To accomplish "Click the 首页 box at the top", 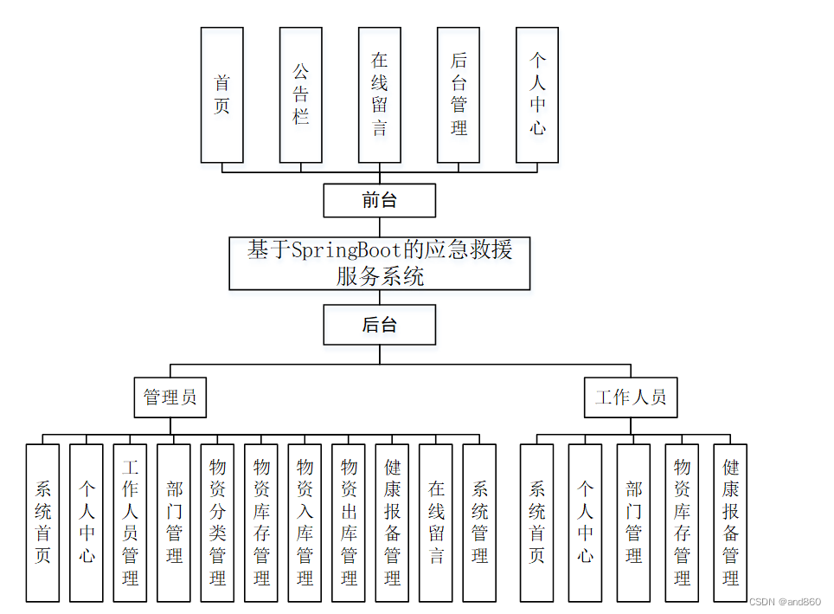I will (x=221, y=94).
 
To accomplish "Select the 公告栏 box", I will (x=300, y=94).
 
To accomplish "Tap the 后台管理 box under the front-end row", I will (x=459, y=94).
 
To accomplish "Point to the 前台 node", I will (x=379, y=201).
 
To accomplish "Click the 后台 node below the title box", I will (x=379, y=325).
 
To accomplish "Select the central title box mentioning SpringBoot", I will (x=379, y=263).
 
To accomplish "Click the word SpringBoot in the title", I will (x=346, y=251).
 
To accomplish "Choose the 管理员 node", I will (x=170, y=397).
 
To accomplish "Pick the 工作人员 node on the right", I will (x=631, y=397).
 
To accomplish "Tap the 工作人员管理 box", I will (x=131, y=522).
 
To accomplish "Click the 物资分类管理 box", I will (x=218, y=522).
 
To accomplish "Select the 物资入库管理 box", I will (x=305, y=522).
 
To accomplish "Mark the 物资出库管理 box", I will (x=349, y=522).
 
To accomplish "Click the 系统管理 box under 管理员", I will (x=479, y=522).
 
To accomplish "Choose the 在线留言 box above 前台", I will (x=380, y=94).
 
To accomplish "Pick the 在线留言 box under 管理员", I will (x=436, y=522).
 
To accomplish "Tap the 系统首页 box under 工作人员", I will (x=536, y=522).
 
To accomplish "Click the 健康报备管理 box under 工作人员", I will (x=730, y=522).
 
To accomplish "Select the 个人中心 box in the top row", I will (x=537, y=94).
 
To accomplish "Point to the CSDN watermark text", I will (x=784, y=601).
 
